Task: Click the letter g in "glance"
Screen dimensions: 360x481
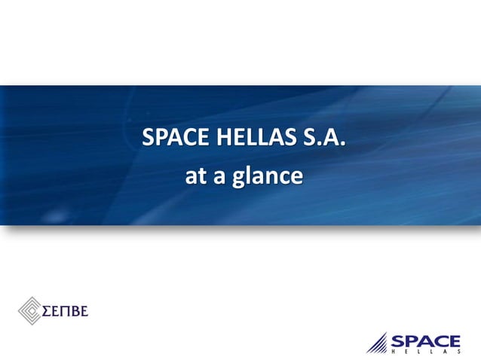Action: [x=237, y=179]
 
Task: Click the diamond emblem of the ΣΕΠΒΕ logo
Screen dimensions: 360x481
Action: [x=30, y=310]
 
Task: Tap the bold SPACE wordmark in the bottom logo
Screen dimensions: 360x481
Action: [x=425, y=340]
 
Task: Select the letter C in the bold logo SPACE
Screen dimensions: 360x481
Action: [x=440, y=340]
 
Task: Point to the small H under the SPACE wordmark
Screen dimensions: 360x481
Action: [x=394, y=352]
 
